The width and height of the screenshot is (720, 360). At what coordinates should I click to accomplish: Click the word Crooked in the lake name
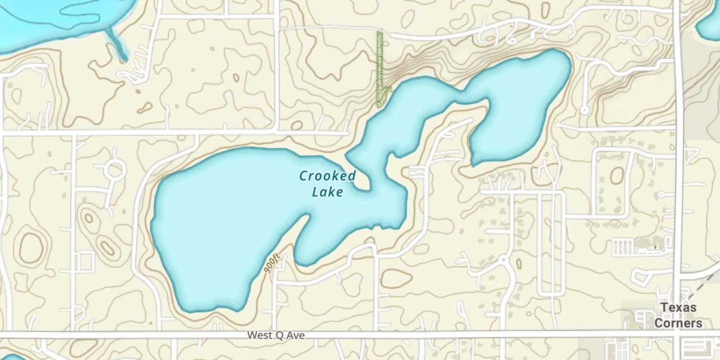pos(327,176)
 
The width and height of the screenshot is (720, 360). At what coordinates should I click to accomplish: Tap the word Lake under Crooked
pos(327,192)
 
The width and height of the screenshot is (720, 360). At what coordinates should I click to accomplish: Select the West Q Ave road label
pos(276,335)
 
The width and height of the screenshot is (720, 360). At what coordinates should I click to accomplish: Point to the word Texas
pos(678,308)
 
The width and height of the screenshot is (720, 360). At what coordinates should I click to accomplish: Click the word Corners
pos(678,323)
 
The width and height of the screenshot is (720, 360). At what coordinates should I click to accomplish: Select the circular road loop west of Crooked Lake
pos(115,169)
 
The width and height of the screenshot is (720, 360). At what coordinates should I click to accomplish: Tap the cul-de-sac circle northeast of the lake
pos(584,110)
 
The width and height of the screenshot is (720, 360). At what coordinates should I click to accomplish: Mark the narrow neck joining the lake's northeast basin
pos(461,96)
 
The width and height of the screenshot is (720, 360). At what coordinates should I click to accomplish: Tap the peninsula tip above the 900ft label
pos(306,218)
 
